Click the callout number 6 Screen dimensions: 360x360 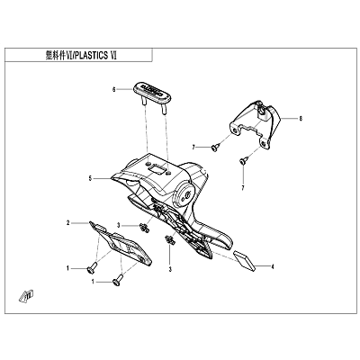(113, 89)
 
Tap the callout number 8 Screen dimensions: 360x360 (301, 119)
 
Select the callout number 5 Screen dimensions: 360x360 (90, 179)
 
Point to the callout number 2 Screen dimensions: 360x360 (68, 223)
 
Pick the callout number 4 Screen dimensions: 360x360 (273, 266)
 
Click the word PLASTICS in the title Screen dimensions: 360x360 (91, 55)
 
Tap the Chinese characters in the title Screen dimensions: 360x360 (55, 55)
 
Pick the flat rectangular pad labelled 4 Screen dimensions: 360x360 (245, 261)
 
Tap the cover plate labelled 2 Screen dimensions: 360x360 (121, 245)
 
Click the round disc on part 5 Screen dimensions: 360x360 (184, 194)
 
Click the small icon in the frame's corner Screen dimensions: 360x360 (27, 296)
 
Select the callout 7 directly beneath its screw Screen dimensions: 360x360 (243, 188)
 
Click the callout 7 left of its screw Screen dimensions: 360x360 (194, 147)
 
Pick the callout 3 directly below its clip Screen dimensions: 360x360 (170, 269)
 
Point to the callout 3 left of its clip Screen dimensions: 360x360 (119, 225)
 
